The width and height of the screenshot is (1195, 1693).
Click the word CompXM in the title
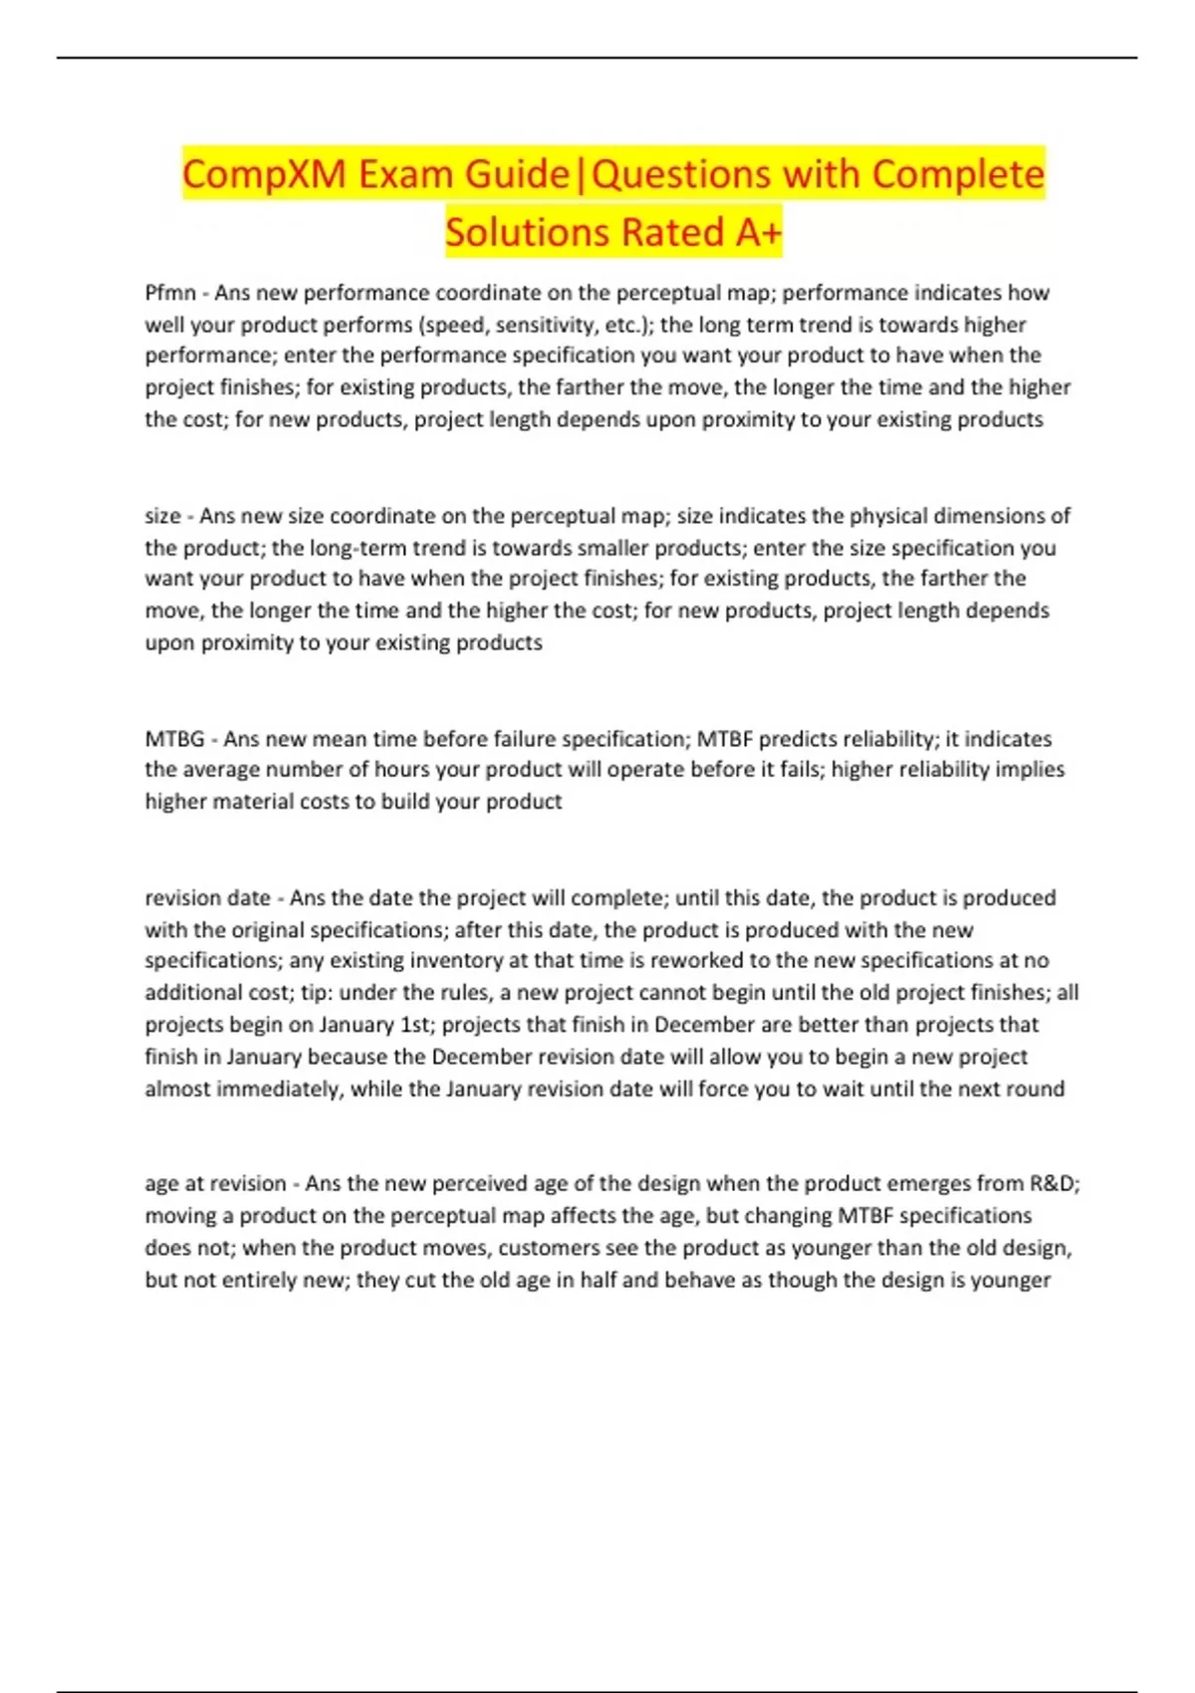[264, 174]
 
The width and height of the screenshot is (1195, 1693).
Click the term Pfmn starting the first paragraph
[170, 293]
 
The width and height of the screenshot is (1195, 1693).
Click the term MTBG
[174, 739]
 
